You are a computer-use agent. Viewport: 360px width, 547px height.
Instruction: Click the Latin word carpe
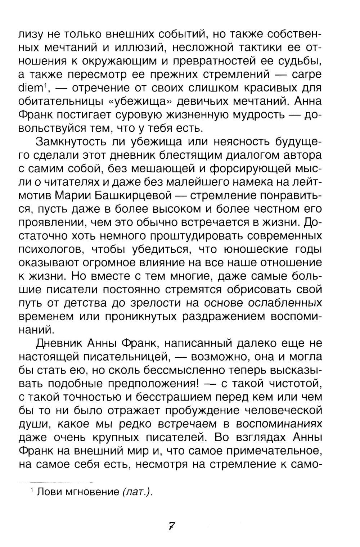304,74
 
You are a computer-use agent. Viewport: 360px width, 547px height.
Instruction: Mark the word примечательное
274,451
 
